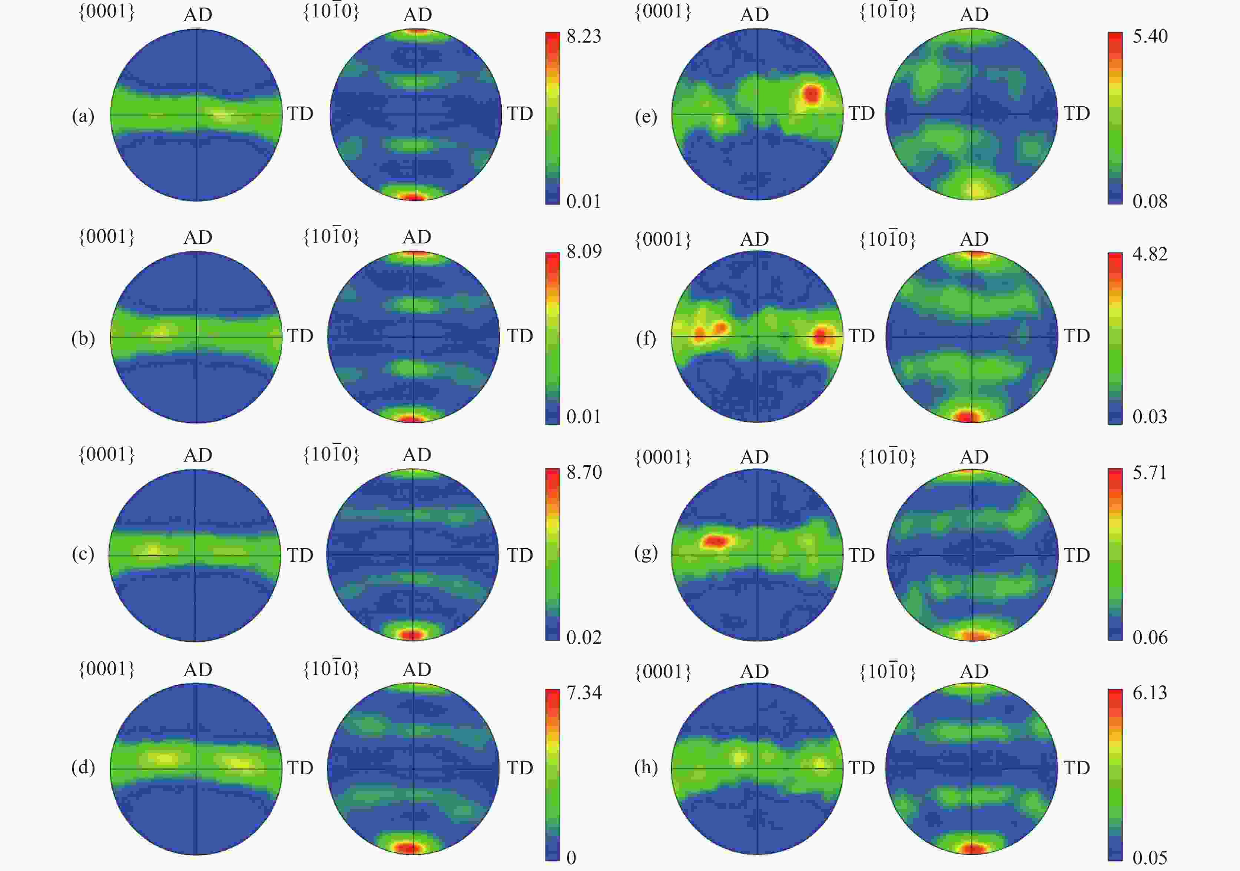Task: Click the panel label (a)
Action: (83, 116)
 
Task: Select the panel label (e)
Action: (646, 117)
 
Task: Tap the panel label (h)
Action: (646, 767)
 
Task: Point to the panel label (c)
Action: (83, 554)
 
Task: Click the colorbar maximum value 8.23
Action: (584, 36)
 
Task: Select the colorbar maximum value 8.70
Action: (584, 472)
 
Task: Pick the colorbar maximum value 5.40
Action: (1150, 36)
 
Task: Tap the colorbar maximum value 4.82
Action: (1150, 254)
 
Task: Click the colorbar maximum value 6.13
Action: (1150, 692)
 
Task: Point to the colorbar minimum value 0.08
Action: (1150, 202)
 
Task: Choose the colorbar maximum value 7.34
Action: (584, 692)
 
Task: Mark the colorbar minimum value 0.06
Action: (1150, 637)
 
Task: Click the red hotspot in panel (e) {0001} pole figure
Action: (811, 94)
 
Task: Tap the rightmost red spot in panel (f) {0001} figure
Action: (821, 337)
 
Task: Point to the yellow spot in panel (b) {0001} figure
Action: (161, 331)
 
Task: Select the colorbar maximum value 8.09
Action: (584, 251)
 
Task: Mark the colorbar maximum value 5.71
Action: (1150, 472)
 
